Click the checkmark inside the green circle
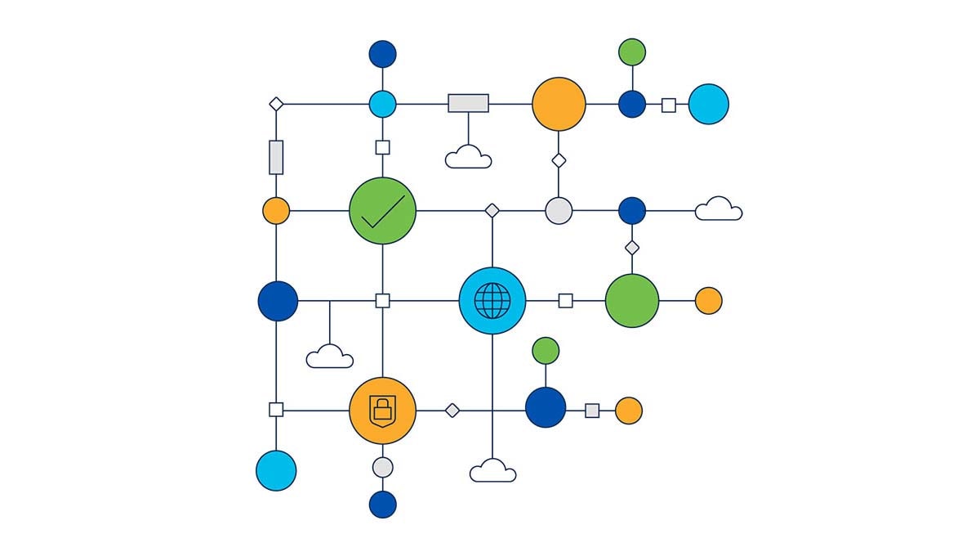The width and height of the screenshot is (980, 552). point(382,211)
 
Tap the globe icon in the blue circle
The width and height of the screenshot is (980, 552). point(492,301)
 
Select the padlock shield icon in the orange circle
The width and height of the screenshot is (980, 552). point(382,410)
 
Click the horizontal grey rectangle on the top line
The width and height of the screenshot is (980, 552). point(468,103)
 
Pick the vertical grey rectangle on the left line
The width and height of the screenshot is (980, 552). point(276,157)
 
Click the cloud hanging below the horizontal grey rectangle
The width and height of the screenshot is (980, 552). point(468,157)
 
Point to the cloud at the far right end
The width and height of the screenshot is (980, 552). point(719,210)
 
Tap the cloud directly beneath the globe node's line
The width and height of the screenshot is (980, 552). point(492,471)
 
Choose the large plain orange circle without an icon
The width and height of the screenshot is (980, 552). point(559,104)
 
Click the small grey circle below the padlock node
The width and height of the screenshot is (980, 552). point(382,467)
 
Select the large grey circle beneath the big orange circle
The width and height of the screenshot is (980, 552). point(559,210)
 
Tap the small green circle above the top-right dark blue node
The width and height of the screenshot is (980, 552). point(632,52)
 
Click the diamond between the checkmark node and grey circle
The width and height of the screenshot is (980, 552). point(492,210)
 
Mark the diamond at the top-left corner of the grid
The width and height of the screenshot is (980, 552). point(276,104)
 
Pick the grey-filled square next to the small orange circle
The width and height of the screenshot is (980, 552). point(592,411)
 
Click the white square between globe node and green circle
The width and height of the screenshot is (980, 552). point(565,301)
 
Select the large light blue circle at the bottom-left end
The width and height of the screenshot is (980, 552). point(276,470)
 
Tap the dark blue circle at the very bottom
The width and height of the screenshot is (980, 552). point(382,504)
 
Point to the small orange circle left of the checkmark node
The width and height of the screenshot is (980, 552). point(276,210)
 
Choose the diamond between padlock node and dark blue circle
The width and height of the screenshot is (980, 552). point(452,411)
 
